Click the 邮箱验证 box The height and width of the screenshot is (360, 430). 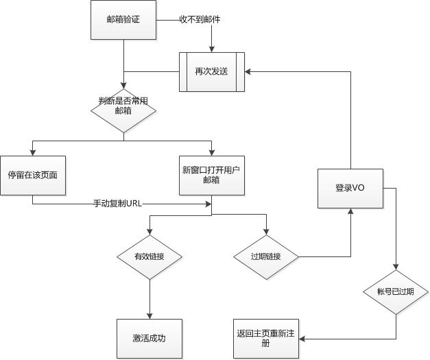(123, 20)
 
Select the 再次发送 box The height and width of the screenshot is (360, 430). (212, 71)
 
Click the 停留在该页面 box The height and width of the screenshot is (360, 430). (32, 174)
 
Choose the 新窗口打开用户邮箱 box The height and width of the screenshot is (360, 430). (211, 174)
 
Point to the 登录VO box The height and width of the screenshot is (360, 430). (350, 187)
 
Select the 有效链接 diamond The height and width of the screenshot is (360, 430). (150, 256)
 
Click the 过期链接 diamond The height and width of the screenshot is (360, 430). (267, 256)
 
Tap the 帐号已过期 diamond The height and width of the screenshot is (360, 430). (396, 291)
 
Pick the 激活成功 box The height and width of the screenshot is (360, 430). (150, 339)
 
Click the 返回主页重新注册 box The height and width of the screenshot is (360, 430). (267, 339)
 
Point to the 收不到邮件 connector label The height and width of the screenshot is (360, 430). (200, 20)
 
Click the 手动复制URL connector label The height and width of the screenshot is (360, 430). (118, 203)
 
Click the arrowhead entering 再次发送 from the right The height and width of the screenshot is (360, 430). (249, 71)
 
